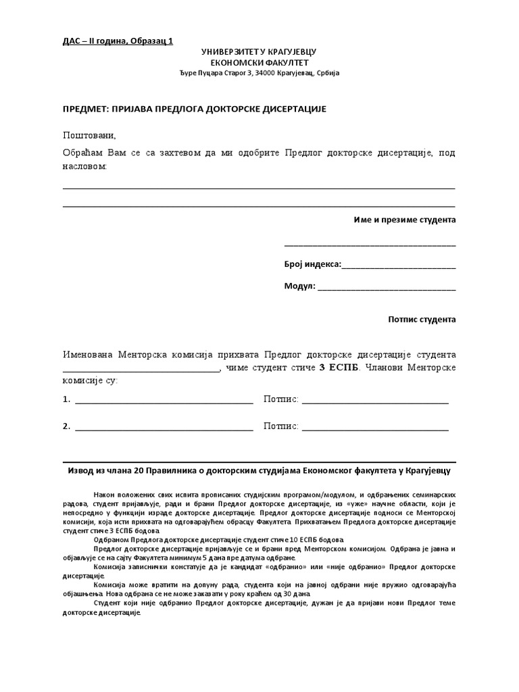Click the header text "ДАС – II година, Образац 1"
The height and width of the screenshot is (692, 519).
[x=118, y=41]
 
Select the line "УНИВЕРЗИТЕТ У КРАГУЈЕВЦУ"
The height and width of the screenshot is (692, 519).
[x=259, y=52]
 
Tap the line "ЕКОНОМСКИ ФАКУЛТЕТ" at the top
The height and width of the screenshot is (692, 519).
[x=259, y=62]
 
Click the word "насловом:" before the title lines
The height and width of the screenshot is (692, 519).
[x=85, y=166]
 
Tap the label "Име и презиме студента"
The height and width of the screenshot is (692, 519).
[x=405, y=220]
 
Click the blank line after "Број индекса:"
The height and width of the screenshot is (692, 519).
[x=399, y=266]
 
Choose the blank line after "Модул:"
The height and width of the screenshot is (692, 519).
[x=387, y=287]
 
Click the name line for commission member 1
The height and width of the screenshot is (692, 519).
[x=164, y=400]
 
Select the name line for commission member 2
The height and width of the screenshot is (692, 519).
[x=164, y=427]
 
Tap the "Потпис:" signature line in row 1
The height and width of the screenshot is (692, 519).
[x=375, y=400]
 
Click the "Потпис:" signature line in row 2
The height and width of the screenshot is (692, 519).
[x=375, y=427]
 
